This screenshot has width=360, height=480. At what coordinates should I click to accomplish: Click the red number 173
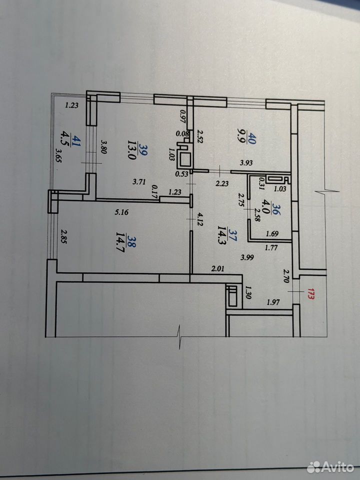(311, 294)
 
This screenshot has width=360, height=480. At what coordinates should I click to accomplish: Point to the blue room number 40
(253, 138)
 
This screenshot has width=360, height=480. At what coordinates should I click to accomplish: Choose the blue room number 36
(274, 209)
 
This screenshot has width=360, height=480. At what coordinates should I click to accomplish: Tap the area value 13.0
(132, 150)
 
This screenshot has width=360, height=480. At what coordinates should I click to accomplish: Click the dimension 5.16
(121, 212)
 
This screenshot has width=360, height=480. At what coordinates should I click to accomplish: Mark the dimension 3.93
(246, 162)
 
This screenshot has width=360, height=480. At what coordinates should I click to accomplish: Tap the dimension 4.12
(200, 219)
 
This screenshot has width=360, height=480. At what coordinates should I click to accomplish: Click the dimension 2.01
(217, 269)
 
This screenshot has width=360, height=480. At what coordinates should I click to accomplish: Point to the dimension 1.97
(273, 302)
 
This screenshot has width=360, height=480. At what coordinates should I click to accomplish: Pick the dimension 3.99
(247, 257)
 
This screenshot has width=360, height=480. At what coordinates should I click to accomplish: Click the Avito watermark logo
(330, 467)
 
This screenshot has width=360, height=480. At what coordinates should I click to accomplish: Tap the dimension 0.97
(183, 116)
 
